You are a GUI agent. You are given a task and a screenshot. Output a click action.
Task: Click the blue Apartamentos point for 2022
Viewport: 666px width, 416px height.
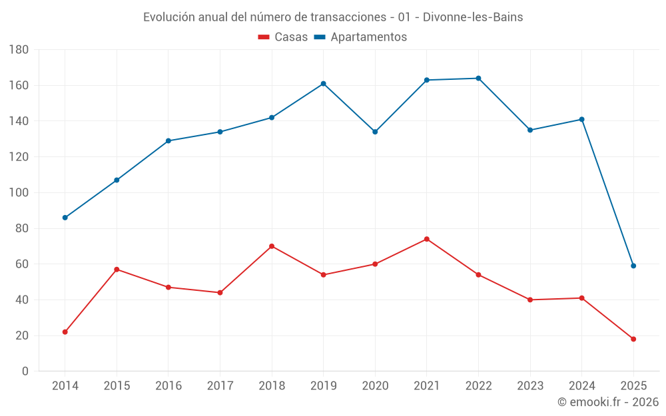pyautogui.click(x=478, y=79)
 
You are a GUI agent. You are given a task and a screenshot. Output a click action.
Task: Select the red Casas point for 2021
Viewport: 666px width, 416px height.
pyautogui.click(x=427, y=239)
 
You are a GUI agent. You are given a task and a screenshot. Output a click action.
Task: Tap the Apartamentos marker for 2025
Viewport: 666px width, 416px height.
pyautogui.click(x=633, y=266)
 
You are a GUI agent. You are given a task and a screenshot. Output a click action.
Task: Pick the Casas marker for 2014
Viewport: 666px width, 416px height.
pyautogui.click(x=65, y=331)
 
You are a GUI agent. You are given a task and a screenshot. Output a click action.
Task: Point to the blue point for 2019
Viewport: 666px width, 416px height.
pyautogui.click(x=324, y=84)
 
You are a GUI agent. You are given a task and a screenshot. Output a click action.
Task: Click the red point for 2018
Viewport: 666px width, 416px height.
pyautogui.click(x=272, y=246)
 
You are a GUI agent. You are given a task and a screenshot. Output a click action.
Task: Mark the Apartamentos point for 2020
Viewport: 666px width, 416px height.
pyautogui.click(x=375, y=132)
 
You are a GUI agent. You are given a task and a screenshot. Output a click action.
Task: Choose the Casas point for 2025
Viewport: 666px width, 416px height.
pyautogui.click(x=633, y=339)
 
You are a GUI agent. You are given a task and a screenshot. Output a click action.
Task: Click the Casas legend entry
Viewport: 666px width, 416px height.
pyautogui.click(x=283, y=37)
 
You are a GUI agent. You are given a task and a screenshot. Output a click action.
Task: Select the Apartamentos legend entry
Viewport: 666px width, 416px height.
pyautogui.click(x=360, y=37)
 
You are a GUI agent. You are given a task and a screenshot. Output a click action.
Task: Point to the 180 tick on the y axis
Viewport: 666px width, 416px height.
pyautogui.click(x=19, y=50)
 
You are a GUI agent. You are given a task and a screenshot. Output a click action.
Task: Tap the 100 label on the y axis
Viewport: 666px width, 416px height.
pyautogui.click(x=19, y=193)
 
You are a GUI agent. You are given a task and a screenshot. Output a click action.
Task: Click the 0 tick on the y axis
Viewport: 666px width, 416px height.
pyautogui.click(x=25, y=371)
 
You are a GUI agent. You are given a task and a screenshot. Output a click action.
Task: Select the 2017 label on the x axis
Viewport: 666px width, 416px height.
pyautogui.click(x=220, y=386)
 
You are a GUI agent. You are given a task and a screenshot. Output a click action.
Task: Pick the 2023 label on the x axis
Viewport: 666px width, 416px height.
pyautogui.click(x=530, y=386)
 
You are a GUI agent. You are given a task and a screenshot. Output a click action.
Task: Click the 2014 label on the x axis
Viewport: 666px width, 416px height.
pyautogui.click(x=65, y=386)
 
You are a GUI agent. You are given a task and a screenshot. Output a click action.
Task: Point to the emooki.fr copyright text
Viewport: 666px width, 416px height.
pyautogui.click(x=608, y=402)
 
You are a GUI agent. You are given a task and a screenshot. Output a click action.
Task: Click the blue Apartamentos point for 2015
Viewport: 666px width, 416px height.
pyautogui.click(x=117, y=180)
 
